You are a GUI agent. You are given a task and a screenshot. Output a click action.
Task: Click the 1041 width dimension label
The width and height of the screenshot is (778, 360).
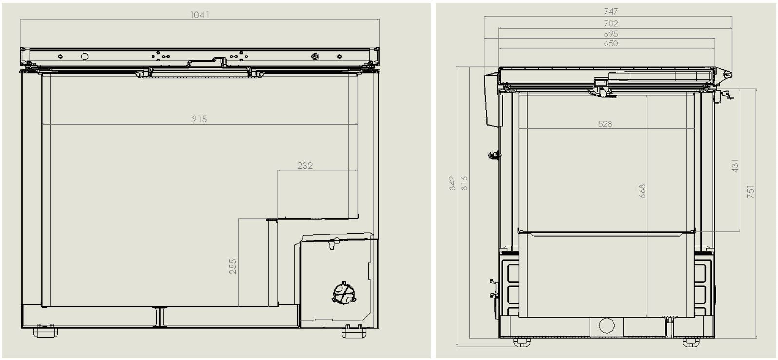199,15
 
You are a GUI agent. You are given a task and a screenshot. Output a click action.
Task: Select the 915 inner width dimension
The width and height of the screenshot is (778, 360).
199,119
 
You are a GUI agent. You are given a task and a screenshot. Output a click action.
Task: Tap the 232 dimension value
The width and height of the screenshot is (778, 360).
304,166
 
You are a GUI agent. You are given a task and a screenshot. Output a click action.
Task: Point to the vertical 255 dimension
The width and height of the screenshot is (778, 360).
233,266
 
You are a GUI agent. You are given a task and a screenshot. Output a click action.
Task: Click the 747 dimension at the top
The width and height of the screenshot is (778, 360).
610,11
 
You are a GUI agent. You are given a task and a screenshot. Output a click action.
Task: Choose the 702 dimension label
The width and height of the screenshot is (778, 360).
610,23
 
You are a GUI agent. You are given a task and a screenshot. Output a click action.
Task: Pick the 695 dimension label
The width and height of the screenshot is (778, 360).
610,34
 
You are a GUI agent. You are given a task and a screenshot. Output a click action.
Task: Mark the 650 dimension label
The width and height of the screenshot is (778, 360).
610,43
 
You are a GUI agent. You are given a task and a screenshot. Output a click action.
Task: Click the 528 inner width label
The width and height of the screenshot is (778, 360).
605,124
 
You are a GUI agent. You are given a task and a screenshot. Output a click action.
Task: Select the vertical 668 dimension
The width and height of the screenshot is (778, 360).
642,191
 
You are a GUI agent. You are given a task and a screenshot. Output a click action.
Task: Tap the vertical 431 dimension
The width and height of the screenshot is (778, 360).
735,166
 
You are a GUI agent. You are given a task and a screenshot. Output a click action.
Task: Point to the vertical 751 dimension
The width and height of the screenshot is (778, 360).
750,191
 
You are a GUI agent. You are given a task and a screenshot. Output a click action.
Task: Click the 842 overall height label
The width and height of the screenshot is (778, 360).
452,184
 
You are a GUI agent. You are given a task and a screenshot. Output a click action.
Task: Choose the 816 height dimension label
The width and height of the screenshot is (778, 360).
464,184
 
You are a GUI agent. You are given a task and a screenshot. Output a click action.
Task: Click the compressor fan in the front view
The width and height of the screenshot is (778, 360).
344,293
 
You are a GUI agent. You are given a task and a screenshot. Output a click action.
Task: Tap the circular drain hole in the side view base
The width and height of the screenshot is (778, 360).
607,325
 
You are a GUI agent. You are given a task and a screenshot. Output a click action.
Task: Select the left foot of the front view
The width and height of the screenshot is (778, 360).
45,332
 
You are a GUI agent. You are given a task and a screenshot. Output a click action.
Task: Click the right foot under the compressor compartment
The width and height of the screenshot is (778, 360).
354,333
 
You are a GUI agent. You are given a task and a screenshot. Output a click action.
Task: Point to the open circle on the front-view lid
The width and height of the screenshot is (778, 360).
84,57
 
